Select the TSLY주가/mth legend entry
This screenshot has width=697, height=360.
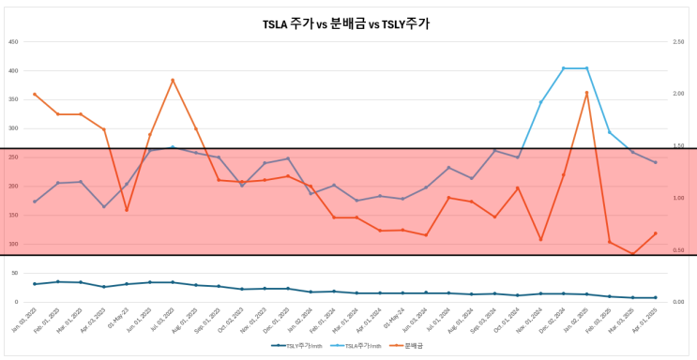click(x=302, y=346)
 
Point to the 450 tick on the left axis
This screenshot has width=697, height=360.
click(x=13, y=42)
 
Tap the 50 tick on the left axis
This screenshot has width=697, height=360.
click(x=15, y=273)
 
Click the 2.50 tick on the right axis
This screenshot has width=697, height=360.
click(x=677, y=42)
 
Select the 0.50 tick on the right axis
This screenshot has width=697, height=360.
click(x=677, y=250)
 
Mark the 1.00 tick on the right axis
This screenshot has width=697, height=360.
click(x=677, y=198)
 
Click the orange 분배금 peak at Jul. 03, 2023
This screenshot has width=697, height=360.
click(x=173, y=81)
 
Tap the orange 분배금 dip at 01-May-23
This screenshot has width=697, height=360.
click(x=127, y=210)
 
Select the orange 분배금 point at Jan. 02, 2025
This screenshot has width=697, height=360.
click(x=587, y=93)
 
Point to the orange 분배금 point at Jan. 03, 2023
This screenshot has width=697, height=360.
click(x=35, y=94)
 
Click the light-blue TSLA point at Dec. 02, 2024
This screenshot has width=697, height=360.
click(x=564, y=68)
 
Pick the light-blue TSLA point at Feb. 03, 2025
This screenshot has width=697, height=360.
click(x=610, y=132)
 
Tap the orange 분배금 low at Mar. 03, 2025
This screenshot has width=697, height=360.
click(x=633, y=253)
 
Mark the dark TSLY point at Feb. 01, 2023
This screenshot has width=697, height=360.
click(x=57, y=281)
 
